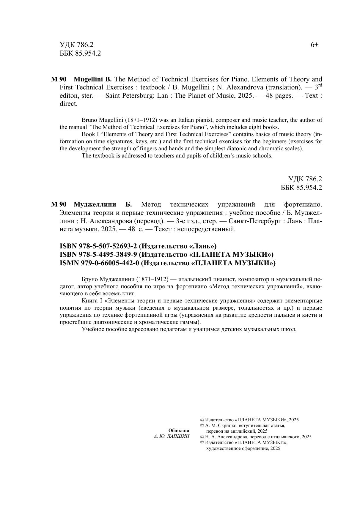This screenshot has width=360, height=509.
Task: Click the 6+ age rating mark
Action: (x=315, y=45)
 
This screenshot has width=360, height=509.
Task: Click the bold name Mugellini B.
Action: (x=92, y=79)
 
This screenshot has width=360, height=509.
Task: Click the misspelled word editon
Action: (x=69, y=96)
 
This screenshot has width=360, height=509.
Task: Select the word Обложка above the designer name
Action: (x=178, y=430)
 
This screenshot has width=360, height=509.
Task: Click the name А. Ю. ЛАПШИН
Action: (x=172, y=436)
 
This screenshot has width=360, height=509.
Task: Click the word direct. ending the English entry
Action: (x=68, y=104)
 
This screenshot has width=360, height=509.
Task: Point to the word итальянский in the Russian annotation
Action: (x=195, y=279)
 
